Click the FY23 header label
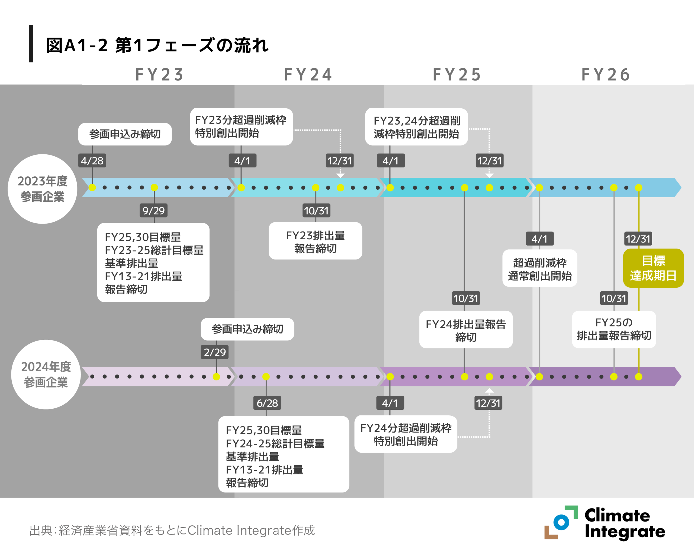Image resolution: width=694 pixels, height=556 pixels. pos(159,75)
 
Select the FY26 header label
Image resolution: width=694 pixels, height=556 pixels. pos(605,75)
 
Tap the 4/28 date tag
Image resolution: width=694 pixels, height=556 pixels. pos(92,161)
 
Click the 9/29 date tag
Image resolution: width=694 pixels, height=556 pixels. pos(153,211)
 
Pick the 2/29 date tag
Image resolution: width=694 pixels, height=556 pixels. pos(215,352)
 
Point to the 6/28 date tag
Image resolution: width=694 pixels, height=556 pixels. pos(267,403)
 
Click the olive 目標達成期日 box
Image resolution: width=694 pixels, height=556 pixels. pos(653,268)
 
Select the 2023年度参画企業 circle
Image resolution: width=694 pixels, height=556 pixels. pos(43,189)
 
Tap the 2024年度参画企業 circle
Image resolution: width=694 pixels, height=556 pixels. pos(46,375)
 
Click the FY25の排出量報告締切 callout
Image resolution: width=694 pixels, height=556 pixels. pos(614,329)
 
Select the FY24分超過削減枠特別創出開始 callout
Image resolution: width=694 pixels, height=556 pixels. pos(406,434)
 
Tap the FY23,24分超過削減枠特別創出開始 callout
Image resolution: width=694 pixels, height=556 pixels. pos(416,127)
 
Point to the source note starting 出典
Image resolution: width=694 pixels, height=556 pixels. pos(172,530)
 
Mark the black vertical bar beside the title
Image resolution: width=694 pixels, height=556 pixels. pos(31,43)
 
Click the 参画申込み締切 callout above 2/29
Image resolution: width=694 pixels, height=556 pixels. pos(247,329)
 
